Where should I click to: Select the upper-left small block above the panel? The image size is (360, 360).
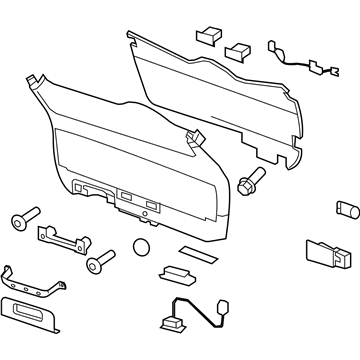(x=210, y=34)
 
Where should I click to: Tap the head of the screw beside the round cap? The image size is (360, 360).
(x=94, y=265)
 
